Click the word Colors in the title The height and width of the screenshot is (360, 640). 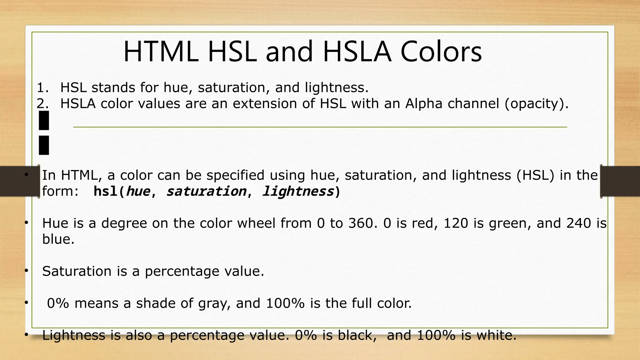coord(441,52)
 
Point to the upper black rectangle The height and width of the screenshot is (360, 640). coord(44,120)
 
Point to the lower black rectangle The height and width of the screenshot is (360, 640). coord(44,145)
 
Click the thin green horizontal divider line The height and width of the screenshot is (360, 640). coord(320,127)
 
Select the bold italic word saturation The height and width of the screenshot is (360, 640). coord(206,191)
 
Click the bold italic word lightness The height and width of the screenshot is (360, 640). coord(298,191)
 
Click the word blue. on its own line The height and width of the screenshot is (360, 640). coord(58,239)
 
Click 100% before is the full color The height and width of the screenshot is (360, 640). coord(285,303)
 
